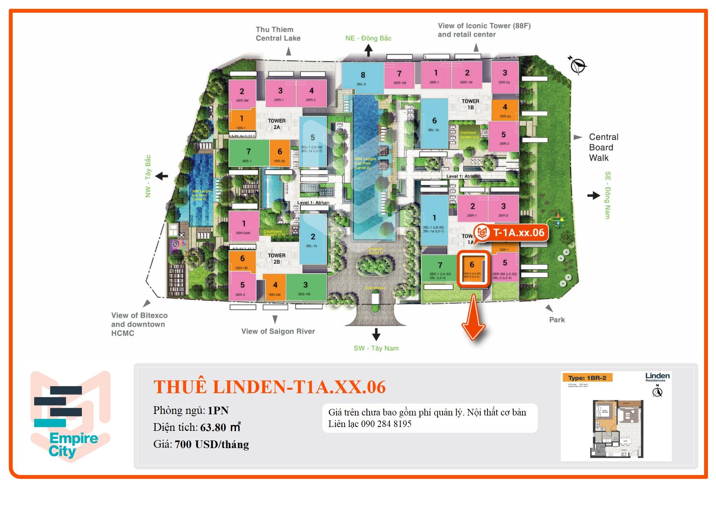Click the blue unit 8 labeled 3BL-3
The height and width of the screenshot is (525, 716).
coord(362,78)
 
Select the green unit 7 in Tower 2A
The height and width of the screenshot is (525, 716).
coord(249,153)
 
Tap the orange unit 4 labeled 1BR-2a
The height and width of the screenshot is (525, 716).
coord(505,110)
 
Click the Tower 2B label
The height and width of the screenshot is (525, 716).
coord(277,258)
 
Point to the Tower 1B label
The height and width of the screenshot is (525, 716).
coord(470,104)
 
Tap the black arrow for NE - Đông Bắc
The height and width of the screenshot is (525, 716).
coord(368,50)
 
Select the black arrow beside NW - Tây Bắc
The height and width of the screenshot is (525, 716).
coord(162,176)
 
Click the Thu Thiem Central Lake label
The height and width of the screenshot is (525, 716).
coord(278,34)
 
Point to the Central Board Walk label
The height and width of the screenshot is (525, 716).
coord(603,147)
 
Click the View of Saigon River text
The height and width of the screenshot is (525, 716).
coord(278,331)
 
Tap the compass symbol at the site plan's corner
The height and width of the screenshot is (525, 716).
coord(577,65)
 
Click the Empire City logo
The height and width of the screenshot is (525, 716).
coord(70,416)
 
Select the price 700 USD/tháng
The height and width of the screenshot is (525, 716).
coord(212,444)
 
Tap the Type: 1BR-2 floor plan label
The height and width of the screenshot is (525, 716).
coord(587,378)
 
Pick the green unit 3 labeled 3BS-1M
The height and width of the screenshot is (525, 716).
coord(306,287)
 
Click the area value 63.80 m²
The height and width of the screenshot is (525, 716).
coord(220,427)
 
